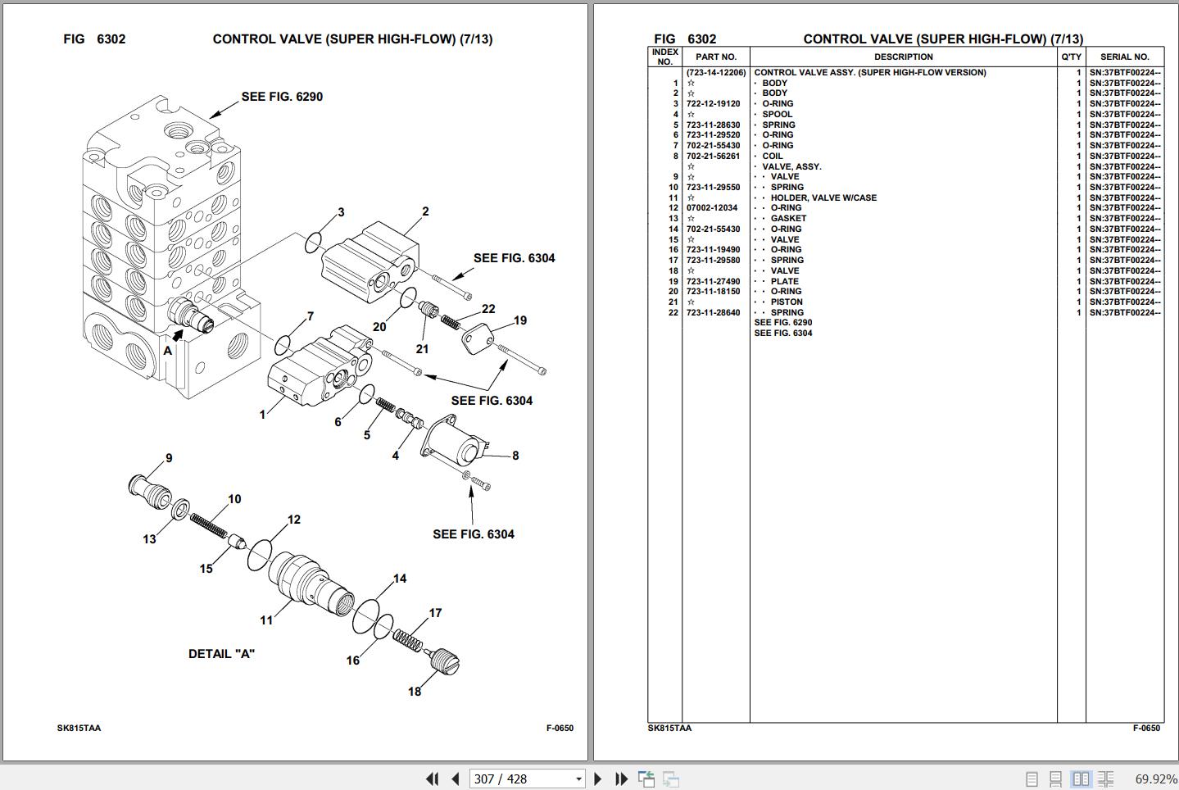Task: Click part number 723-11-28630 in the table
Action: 713,125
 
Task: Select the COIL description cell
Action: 772,157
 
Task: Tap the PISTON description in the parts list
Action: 786,302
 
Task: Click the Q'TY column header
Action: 1071,57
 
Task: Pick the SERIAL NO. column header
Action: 1124,57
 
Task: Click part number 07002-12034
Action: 712,208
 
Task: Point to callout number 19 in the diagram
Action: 520,320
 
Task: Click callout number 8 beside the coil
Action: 515,456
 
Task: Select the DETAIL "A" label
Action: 221,654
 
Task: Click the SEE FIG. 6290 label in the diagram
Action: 282,97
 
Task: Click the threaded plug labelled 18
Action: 443,660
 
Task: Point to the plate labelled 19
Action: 479,339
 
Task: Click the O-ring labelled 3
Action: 314,243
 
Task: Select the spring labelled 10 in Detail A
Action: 208,525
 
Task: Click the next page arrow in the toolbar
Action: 597,779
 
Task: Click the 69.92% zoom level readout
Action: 1155,779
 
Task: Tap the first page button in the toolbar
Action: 432,779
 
